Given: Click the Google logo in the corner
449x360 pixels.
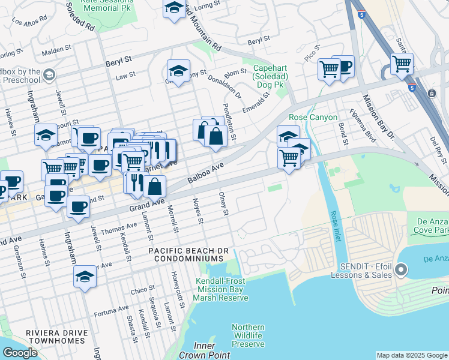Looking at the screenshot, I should coord(20,353).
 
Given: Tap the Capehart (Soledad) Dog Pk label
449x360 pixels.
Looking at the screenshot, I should coord(270,77).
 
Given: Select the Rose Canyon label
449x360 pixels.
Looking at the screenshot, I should coord(313,118).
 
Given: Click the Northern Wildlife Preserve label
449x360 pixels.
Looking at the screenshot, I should coord(248,335).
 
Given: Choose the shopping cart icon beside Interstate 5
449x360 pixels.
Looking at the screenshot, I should coord(401,63).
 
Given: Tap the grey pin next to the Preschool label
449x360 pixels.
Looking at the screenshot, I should coord(49,75).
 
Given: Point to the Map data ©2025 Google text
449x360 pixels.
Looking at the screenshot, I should coord(412,355).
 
